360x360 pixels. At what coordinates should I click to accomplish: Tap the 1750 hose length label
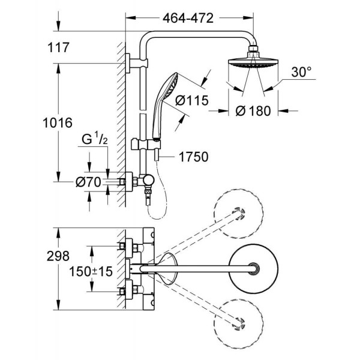[x=193, y=158]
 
